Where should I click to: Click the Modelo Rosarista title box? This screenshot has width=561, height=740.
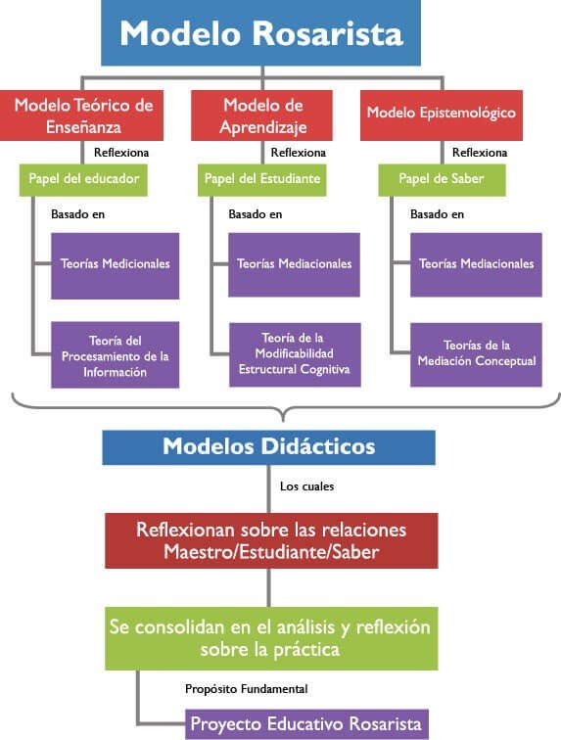(x=260, y=32)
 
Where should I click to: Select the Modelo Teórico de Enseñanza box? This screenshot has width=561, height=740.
(x=81, y=116)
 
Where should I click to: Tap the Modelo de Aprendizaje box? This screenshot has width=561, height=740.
(x=261, y=116)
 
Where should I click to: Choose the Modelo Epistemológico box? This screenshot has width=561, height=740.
(x=441, y=116)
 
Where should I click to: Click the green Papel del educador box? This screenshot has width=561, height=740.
(x=83, y=180)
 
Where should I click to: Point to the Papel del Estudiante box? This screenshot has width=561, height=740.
(x=261, y=180)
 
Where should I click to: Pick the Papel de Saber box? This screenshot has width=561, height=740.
(x=442, y=180)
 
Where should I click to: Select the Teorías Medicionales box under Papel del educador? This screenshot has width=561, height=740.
(x=116, y=265)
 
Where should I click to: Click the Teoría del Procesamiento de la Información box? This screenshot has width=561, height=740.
(x=116, y=355)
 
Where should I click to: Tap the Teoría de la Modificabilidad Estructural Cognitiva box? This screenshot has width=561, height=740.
(x=295, y=354)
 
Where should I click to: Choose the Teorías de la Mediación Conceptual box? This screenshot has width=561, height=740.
(x=476, y=354)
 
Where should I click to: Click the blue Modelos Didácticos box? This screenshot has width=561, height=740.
(x=268, y=447)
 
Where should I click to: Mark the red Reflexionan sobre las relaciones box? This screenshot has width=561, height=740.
(x=271, y=541)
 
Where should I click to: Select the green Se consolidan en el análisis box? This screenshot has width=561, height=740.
(x=271, y=638)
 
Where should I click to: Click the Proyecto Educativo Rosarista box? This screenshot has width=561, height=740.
(x=306, y=724)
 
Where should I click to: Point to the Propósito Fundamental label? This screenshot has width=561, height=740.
(x=246, y=689)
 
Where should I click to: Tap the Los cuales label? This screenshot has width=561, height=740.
(x=307, y=486)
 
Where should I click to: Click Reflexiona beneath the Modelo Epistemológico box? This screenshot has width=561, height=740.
(x=480, y=153)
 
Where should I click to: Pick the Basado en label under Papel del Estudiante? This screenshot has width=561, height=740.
(x=256, y=214)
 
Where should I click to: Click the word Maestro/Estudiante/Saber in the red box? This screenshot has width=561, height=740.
(x=271, y=552)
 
